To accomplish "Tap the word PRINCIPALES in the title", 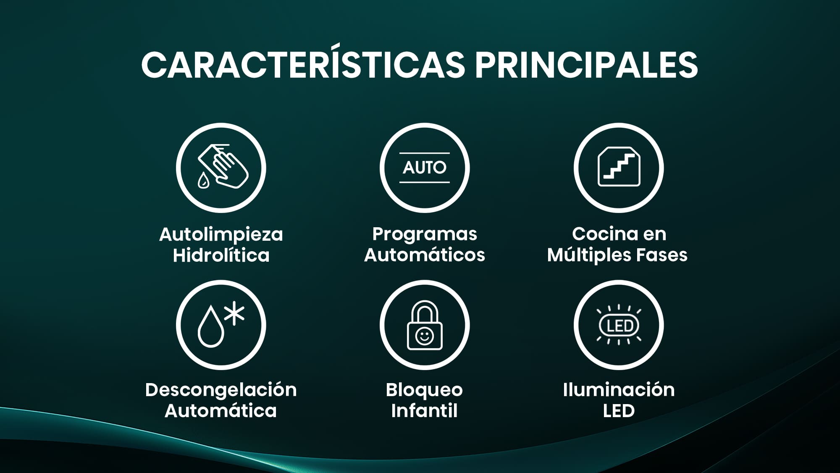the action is [586, 65].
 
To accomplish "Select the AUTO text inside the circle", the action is [425, 168].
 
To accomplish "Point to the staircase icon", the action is [619, 166].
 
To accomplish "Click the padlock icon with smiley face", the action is [425, 325].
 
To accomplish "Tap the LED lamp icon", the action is [619, 325].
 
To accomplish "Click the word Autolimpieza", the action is [221, 234].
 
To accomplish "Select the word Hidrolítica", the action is [221, 255].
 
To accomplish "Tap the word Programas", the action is [425, 235].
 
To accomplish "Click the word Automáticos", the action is [425, 255].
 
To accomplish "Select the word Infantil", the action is [424, 410].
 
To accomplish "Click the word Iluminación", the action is [619, 390].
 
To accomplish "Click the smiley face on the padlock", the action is [424, 336].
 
